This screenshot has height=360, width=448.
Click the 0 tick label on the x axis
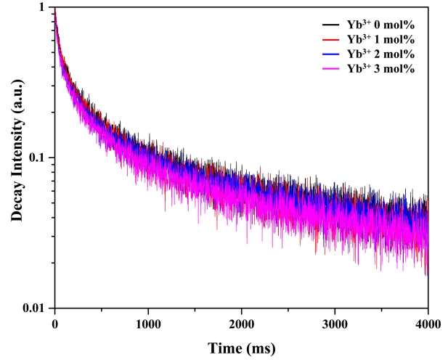pos(54,322)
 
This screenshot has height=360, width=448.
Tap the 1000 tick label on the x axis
pos(148,322)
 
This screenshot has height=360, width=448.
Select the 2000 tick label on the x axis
pos(242,322)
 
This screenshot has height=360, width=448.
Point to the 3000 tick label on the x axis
pos(335,322)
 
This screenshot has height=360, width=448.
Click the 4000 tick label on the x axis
pos(428,322)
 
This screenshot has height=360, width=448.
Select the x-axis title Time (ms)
pos(241,348)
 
